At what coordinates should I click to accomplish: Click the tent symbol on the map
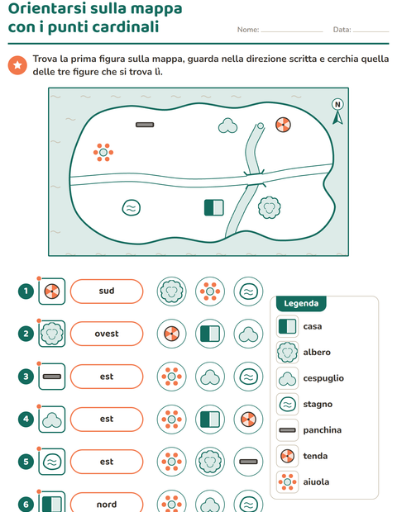(x=283, y=125)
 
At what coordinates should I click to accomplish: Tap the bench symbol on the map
(x=145, y=125)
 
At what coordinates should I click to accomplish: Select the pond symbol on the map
(x=132, y=207)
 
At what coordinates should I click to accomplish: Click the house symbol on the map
(x=214, y=207)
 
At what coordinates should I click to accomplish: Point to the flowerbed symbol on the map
(x=103, y=152)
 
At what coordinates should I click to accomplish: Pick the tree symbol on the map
(x=269, y=207)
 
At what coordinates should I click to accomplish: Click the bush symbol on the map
(x=227, y=126)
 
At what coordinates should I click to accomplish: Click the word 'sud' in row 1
(x=107, y=291)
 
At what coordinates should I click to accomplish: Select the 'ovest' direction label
(x=107, y=334)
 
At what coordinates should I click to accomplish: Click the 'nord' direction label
(x=107, y=505)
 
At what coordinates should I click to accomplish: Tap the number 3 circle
(x=26, y=377)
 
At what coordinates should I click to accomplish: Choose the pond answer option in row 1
(x=248, y=292)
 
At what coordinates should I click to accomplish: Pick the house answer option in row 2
(x=210, y=334)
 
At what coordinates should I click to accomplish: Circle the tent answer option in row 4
(x=248, y=420)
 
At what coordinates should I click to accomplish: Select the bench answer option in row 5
(x=248, y=462)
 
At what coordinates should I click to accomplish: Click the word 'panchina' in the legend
(x=322, y=430)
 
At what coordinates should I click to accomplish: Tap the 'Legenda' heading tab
(x=301, y=303)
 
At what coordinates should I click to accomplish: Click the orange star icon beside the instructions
(x=17, y=65)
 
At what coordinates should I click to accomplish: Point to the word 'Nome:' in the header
(x=248, y=30)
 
